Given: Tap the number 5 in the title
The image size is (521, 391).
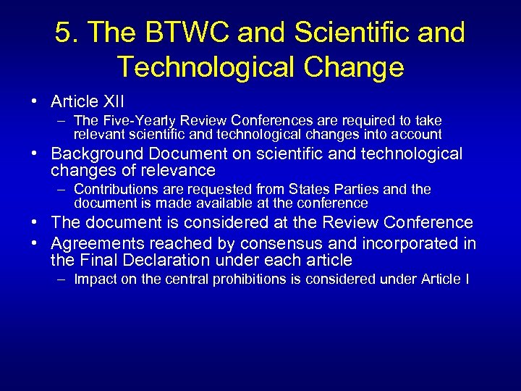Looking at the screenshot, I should [64, 33].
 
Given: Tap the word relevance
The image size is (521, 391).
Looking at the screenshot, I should [180, 171].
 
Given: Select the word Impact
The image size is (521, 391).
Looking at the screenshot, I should [93, 279].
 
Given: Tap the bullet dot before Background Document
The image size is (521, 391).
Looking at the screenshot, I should [42, 154].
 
